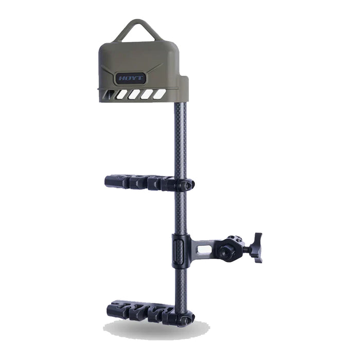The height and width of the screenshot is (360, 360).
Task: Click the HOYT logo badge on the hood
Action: coord(131,78)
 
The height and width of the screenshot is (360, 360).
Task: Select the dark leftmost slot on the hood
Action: coord(109,94)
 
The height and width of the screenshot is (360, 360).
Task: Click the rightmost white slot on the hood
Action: coord(159,94)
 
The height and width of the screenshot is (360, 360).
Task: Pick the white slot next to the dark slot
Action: coord(122,94)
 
